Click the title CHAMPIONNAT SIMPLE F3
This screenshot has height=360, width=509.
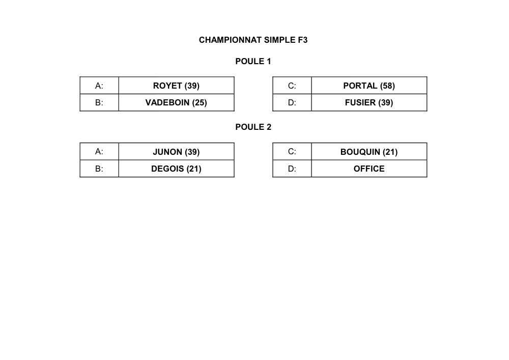[253, 40]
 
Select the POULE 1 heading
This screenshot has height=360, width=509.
[253, 61]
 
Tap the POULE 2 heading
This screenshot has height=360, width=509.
[253, 127]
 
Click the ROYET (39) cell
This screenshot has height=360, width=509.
[176, 86]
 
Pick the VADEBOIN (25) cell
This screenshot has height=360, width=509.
[176, 102]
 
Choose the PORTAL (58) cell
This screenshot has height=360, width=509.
[369, 86]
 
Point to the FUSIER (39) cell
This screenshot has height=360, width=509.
[369, 102]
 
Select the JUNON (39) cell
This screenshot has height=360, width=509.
[176, 152]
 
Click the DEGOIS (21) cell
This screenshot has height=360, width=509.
[176, 169]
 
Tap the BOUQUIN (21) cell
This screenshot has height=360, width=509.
[369, 152]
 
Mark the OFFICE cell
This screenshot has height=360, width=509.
[369, 169]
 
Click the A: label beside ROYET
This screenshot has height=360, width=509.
[99, 86]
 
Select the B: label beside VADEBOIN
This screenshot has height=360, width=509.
[99, 102]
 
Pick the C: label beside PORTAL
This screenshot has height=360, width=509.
[292, 86]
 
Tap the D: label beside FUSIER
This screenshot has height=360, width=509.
[292, 102]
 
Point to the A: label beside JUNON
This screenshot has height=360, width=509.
[99, 152]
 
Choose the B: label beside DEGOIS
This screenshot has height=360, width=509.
[99, 169]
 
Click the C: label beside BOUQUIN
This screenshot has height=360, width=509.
[292, 152]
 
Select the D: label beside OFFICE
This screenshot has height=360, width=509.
[292, 169]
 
